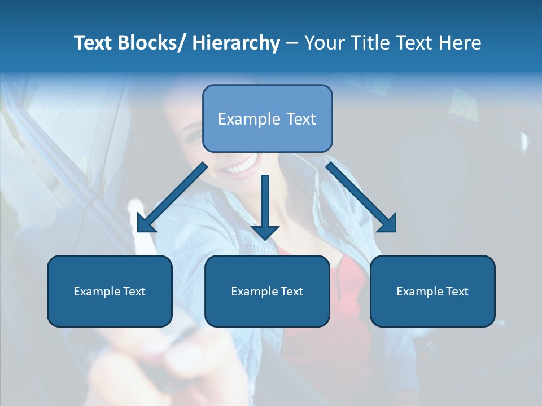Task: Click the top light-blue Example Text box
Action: click(267, 118)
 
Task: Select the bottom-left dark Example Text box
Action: click(110, 291)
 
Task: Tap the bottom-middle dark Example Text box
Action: click(267, 291)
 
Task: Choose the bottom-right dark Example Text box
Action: click(432, 291)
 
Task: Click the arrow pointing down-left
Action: click(172, 198)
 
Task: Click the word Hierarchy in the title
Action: click(236, 43)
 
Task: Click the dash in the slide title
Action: click(292, 43)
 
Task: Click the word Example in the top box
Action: click(249, 119)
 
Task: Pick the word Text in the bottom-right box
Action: click(456, 291)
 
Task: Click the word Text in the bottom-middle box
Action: click(291, 291)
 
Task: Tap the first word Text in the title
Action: click(94, 43)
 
